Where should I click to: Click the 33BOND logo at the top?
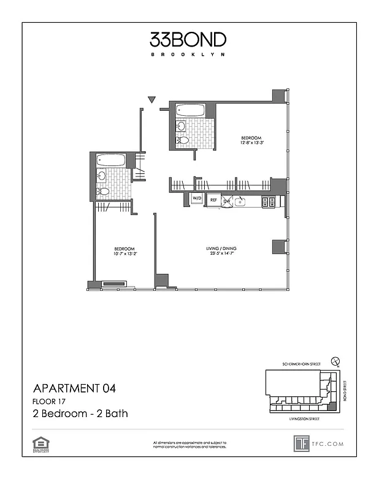coord(188,40)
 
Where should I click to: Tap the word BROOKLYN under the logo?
coord(188,55)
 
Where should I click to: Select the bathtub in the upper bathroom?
coord(190,111)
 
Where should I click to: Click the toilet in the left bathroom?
coord(103,192)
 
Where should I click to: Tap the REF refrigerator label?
coord(213,200)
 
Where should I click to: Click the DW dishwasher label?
coord(226,200)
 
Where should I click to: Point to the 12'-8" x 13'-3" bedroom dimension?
coord(251,143)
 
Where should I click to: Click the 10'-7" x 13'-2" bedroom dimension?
coord(124,253)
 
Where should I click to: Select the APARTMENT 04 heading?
coord(74,388)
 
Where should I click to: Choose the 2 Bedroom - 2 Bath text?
coord(80,414)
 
